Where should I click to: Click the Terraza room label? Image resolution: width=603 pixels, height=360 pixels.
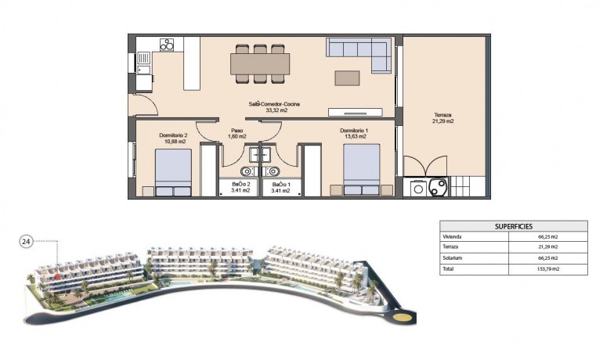pos(442,114)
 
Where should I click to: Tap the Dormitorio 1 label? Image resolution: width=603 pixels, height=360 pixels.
pos(354,130)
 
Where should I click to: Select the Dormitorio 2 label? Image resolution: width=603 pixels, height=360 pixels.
pos(172,135)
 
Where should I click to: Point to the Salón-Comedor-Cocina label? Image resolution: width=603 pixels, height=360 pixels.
pos(275,104)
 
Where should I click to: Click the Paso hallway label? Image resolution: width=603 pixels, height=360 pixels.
pos(237,130)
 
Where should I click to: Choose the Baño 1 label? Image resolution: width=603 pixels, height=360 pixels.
pos(281,184)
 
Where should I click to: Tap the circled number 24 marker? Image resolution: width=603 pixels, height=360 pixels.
pos(25,242)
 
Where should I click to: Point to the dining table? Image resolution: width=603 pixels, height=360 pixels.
pos(260,63)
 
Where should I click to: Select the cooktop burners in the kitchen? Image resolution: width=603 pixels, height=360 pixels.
pos(167,45)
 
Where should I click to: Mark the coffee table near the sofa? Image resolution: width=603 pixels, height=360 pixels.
pos(347,77)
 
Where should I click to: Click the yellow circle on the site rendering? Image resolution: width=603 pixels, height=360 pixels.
pos(402,318)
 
